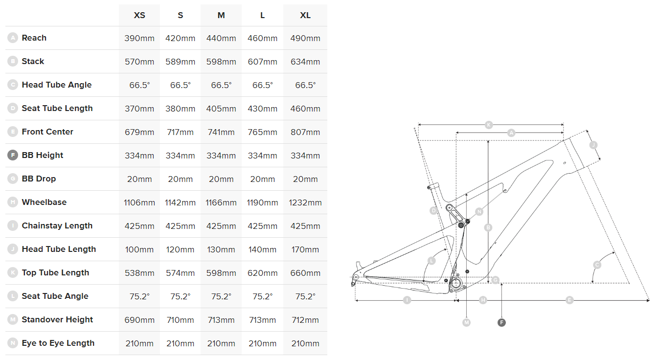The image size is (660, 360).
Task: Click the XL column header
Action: coord(305,15)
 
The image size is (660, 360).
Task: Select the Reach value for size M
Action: coord(221,38)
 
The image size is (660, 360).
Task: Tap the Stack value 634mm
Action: coord(305,62)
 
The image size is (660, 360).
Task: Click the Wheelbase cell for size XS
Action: coord(139,202)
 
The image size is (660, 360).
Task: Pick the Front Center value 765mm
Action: coord(262,132)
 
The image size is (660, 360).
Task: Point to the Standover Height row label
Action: coord(57,319)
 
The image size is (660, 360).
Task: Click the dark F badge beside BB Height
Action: coord(13,155)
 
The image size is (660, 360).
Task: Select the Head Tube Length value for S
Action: coord(181,249)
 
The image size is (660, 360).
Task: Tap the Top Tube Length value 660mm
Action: coord(305,273)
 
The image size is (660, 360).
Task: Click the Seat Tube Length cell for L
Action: coord(262,109)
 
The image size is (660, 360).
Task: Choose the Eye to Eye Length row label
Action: coord(58,343)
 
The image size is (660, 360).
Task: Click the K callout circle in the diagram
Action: coord(488,125)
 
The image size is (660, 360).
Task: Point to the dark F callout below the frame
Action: coord(501,322)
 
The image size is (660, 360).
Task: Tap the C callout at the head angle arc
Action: coord(597,265)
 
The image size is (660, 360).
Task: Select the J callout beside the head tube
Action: coord(593,145)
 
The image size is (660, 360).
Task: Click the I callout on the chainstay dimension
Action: coord(407,300)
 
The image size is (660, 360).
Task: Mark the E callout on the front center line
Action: coord(569,300)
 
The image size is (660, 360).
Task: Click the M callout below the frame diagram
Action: coord(467,322)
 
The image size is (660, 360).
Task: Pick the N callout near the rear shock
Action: coord(479,212)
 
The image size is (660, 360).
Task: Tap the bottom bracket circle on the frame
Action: coord(456,283)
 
